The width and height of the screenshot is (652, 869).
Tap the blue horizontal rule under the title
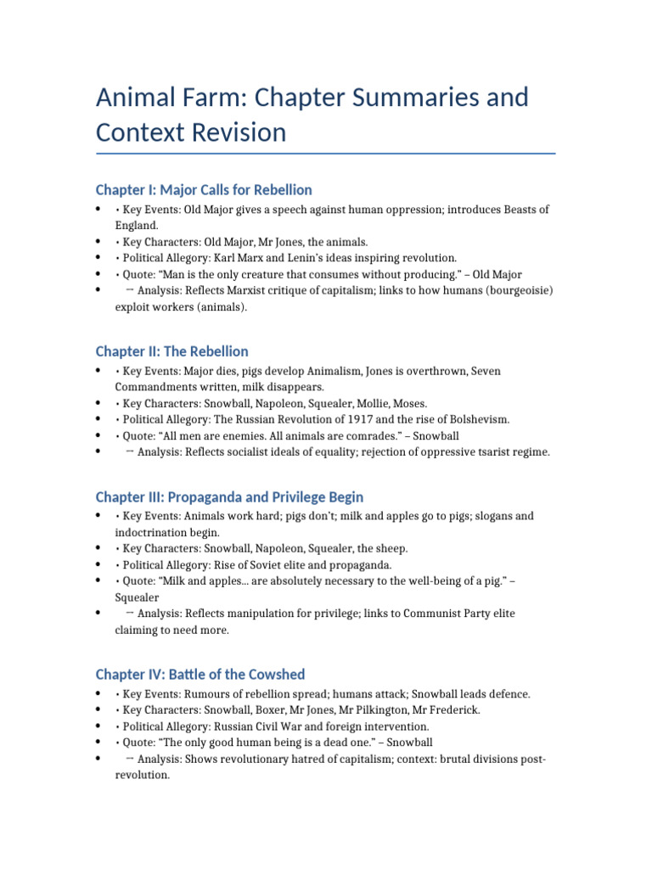pos(326,154)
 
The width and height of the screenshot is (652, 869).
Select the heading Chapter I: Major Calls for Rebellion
pos(204,189)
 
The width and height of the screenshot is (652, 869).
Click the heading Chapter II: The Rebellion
pos(171,350)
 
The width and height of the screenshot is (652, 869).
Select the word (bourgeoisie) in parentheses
pos(513,291)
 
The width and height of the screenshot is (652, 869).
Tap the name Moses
pos(408,403)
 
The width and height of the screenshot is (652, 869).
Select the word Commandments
pos(156,387)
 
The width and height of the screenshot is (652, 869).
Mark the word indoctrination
pos(149,532)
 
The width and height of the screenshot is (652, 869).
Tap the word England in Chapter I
pos(136,226)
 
